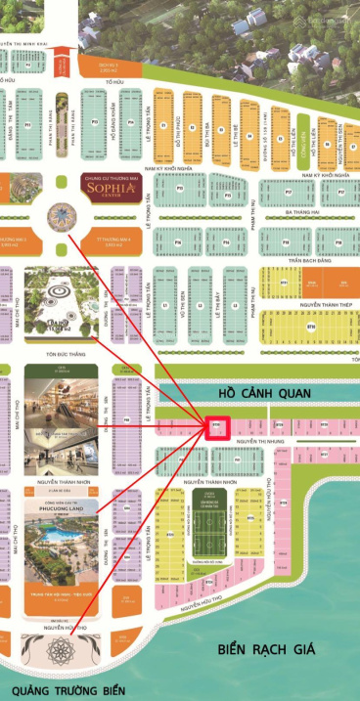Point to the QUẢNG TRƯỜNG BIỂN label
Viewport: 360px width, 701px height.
point(65,690)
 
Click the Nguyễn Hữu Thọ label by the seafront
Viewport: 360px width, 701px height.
point(64,628)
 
